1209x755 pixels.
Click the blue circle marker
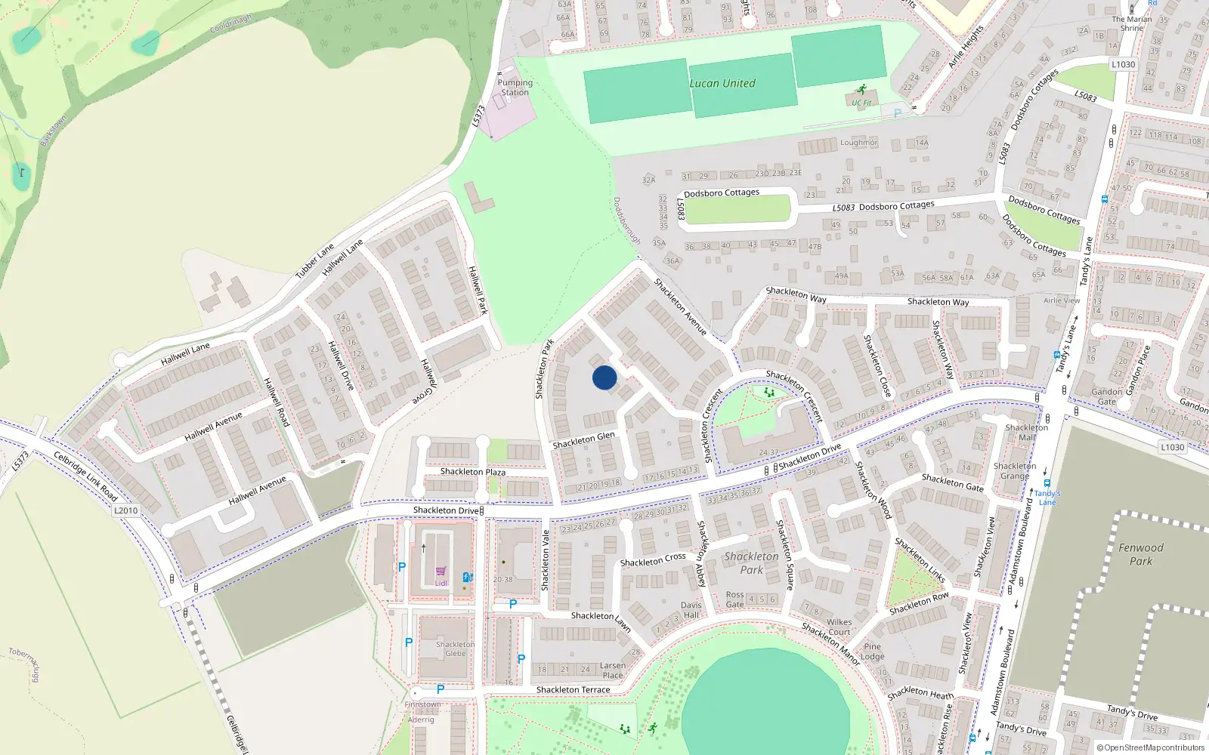coord(604,377)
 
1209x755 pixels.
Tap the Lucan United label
coord(722,84)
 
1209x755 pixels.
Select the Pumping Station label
coord(515,88)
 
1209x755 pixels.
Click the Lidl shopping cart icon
coord(441,572)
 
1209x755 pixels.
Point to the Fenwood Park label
coord(1140,554)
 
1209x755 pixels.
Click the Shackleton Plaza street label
coord(472,472)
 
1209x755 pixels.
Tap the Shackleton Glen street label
coord(583,439)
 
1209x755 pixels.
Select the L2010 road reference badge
coord(126,510)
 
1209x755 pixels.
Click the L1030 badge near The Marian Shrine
coord(1123,64)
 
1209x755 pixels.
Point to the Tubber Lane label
coord(314,260)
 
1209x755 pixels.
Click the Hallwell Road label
coord(276,402)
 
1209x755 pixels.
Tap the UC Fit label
coord(861,103)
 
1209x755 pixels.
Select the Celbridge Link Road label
coord(85,476)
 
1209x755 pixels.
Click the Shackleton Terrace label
coord(573,690)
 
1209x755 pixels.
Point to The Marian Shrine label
coord(1131,23)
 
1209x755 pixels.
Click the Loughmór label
coord(858,143)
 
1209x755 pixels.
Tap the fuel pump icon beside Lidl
coord(468,578)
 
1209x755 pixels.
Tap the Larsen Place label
coord(613,670)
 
